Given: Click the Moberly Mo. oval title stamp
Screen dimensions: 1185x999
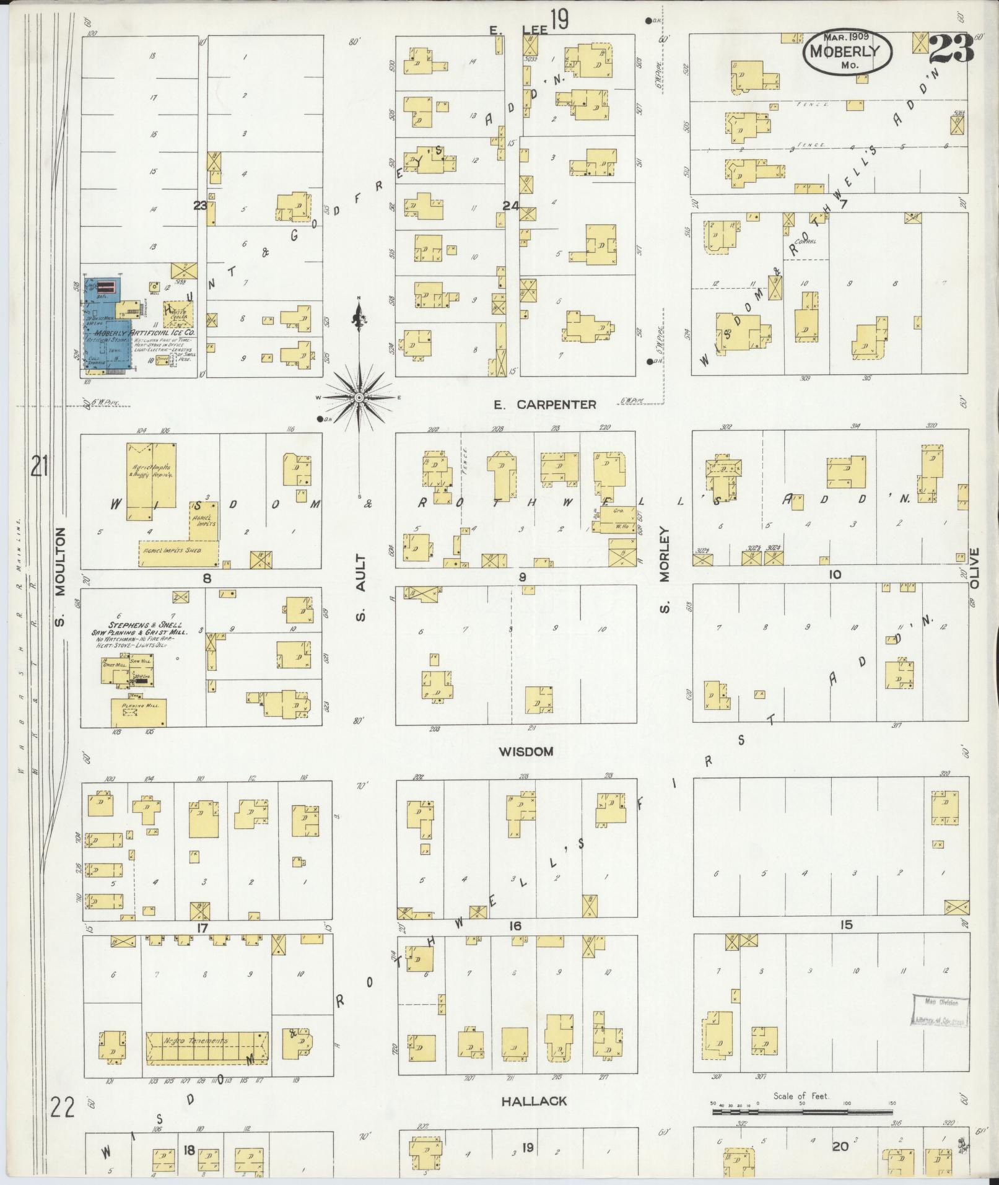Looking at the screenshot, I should click(x=848, y=53).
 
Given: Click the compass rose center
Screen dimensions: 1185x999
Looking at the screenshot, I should click(x=359, y=397).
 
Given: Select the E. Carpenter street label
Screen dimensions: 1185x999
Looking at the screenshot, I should click(x=544, y=404).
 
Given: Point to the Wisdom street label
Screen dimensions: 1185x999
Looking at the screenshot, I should click(x=525, y=751).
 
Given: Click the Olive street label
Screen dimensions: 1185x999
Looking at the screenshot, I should click(x=974, y=568).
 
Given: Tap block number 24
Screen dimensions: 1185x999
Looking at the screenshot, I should click(x=510, y=206).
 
